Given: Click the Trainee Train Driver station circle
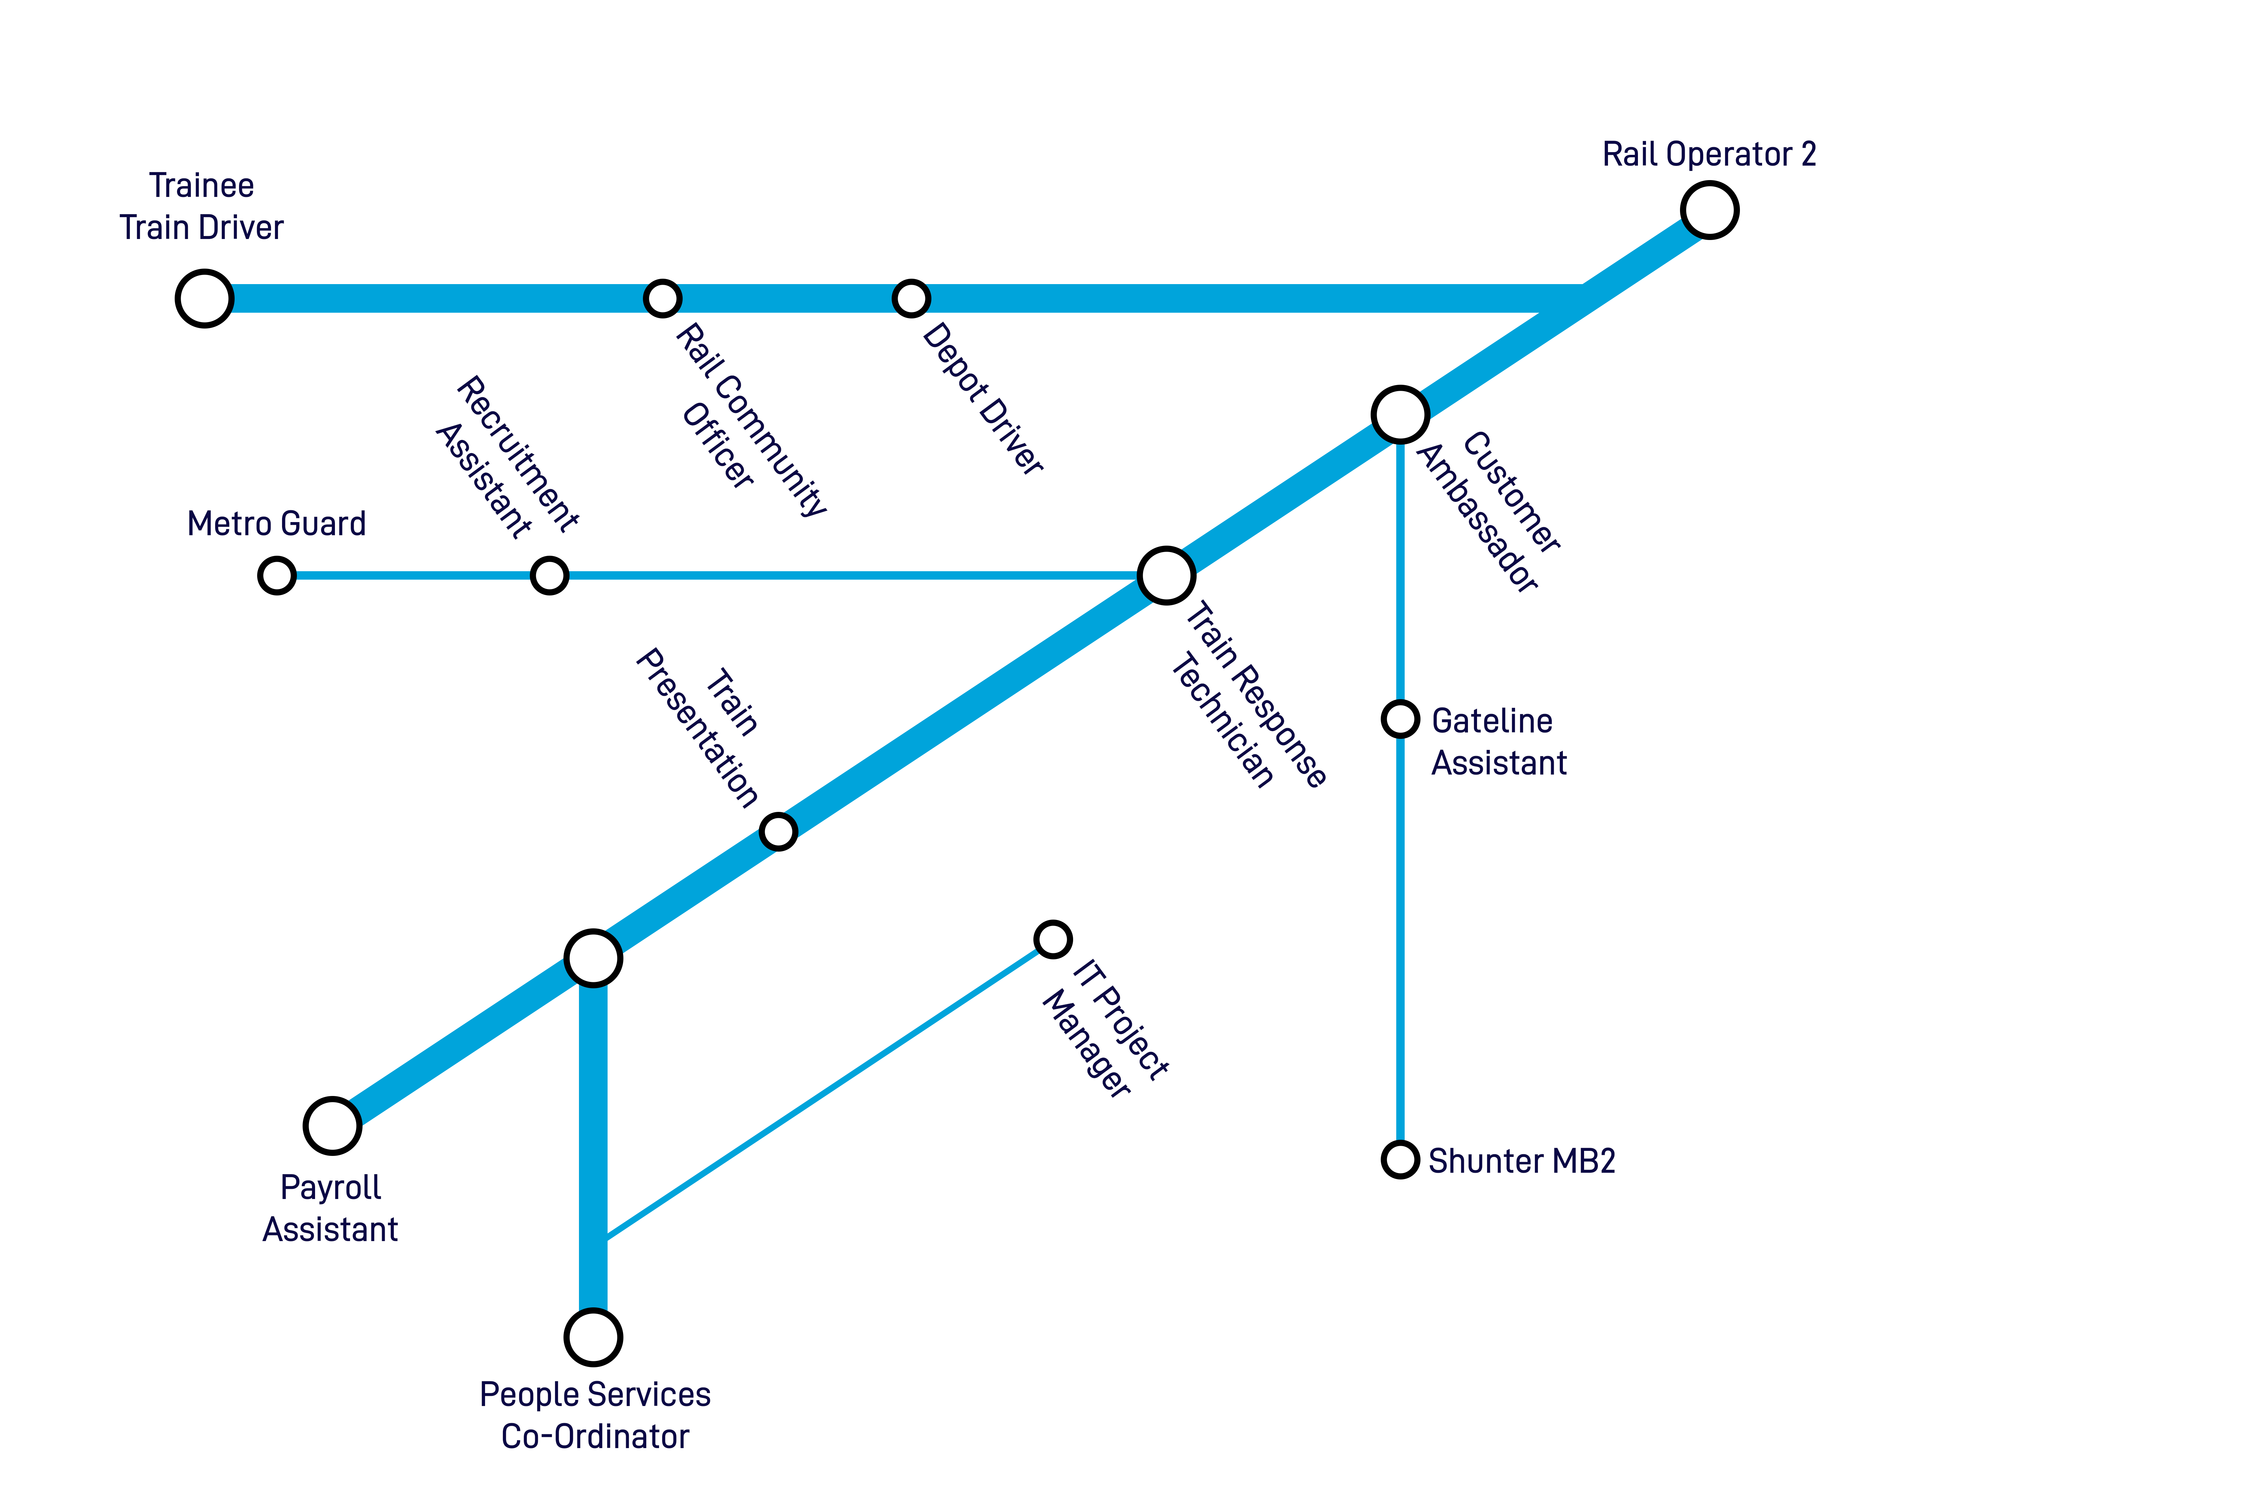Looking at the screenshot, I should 204,299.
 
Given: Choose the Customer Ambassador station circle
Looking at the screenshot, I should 1400,414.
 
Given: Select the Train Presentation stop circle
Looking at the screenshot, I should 778,831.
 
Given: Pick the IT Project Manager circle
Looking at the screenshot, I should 1053,939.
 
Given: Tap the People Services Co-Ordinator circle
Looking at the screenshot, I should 593,1337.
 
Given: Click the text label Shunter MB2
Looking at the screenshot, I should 1521,1161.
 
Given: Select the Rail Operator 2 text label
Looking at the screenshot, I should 1709,154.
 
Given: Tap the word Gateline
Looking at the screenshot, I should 1492,720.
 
